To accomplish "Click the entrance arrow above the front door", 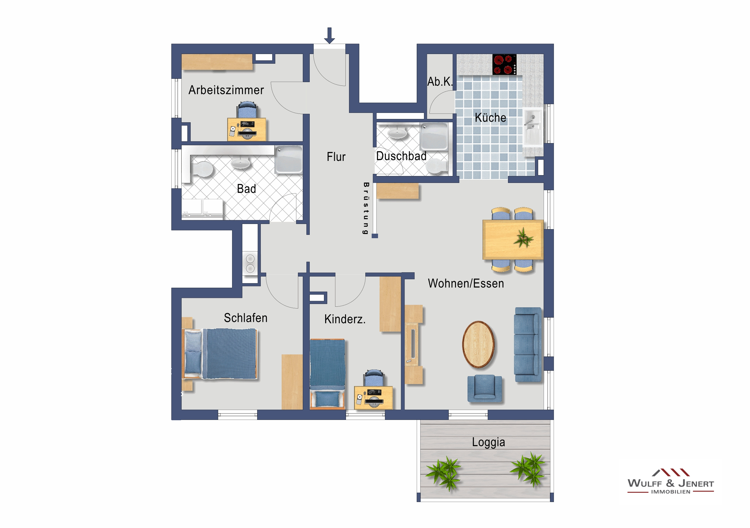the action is pos(329,35).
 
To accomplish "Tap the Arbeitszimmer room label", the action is pos(226,90).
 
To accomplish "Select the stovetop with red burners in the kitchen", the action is pos(504,64).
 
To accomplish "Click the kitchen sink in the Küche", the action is pos(533,128).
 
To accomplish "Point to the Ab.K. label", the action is pos(440,82).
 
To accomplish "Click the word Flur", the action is pos(336,157).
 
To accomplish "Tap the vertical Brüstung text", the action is pos(366,208).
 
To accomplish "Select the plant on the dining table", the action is pos(523,238).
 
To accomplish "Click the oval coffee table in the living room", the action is pos(478,344).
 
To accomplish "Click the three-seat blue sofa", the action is pos(528,344).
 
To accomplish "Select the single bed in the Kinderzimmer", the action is pos(327,374).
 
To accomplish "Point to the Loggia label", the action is pos(488,442).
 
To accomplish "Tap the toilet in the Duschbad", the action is pos(437,167).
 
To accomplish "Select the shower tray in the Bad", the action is pos(289,160).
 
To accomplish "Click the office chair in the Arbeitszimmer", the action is pos(247,110).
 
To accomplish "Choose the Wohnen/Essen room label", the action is pos(466,283).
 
